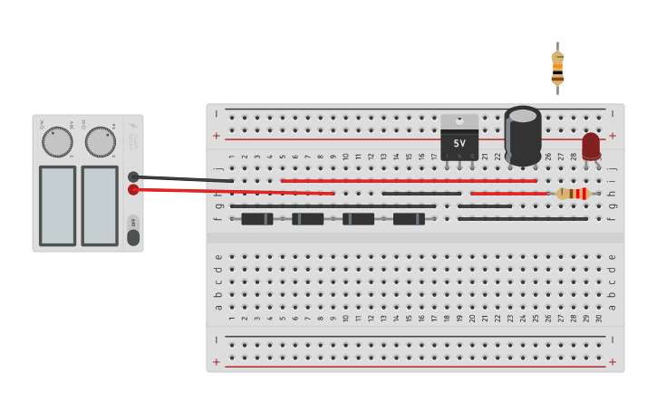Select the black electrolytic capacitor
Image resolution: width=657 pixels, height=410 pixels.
pyautogui.click(x=523, y=135)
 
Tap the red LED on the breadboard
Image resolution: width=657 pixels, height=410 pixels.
pyautogui.click(x=591, y=146)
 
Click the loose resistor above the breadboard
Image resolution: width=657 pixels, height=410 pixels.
pyautogui.click(x=557, y=68)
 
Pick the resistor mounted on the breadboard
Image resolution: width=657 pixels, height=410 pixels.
pyautogui.click(x=573, y=194)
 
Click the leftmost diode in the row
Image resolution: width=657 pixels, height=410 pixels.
pyautogui.click(x=257, y=219)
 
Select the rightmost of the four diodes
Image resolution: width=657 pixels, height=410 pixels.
pyautogui.click(x=409, y=219)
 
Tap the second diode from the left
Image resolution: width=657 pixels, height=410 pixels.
pyautogui.click(x=308, y=219)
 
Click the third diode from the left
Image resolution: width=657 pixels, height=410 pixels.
pyautogui.click(x=358, y=219)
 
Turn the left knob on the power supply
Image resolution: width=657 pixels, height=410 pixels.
pyautogui.click(x=57, y=141)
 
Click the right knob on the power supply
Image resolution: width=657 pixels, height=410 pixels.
pyautogui.click(x=100, y=141)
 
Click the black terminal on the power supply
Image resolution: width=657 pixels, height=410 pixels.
pyautogui.click(x=133, y=176)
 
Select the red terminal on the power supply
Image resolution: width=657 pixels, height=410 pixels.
pyautogui.click(x=133, y=189)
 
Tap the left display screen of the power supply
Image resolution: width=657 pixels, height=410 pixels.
pyautogui.click(x=57, y=205)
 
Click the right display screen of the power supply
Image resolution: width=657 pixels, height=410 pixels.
pyautogui.click(x=100, y=205)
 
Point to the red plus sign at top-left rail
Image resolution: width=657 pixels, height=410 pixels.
pyautogui.click(x=216, y=136)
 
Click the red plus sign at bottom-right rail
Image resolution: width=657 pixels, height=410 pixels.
pyautogui.click(x=613, y=361)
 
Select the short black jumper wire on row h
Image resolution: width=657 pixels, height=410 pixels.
pyautogui.click(x=421, y=194)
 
